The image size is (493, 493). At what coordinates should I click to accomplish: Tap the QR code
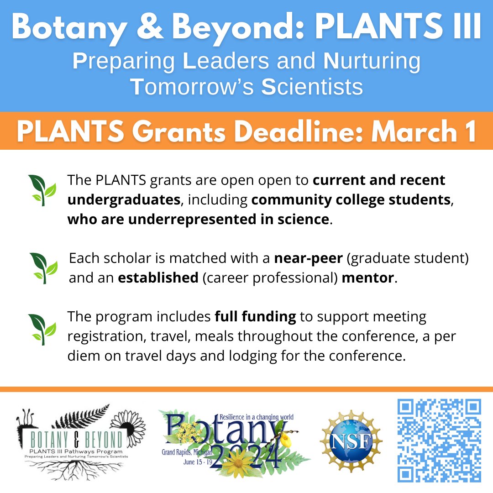click(x=439, y=440)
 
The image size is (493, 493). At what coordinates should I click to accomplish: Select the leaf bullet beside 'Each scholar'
click(x=43, y=268)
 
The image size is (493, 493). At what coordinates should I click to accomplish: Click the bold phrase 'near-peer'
click(x=308, y=258)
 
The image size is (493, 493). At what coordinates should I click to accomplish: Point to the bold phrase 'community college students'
click(x=351, y=200)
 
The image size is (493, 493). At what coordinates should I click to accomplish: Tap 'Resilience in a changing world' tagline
click(x=256, y=417)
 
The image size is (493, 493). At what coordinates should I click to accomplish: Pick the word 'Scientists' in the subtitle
click(x=312, y=87)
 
